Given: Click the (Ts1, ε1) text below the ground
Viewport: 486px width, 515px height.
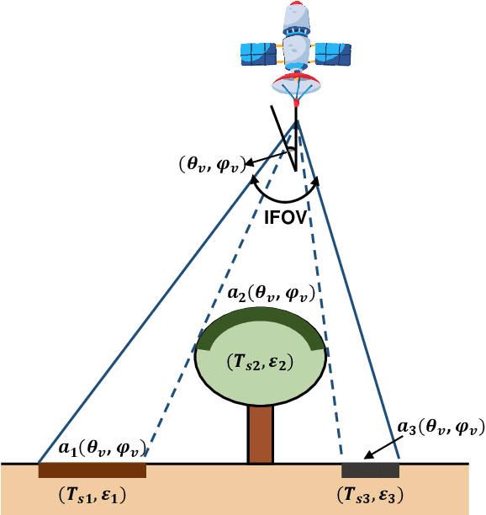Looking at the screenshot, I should (93, 496).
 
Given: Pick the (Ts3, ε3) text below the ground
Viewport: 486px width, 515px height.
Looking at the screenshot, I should (373, 496).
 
